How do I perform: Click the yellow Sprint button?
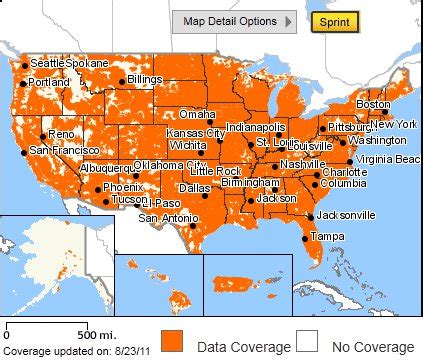pos(333,21)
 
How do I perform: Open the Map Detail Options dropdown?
pos(233,21)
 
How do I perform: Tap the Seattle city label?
pos(46,63)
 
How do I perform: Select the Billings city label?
pos(145,80)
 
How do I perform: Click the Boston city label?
pos(372,104)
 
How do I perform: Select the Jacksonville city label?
pos(345,215)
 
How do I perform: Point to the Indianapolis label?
pos(256,127)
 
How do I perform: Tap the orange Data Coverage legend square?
pos(172,340)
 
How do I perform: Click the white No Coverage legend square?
pos(308,340)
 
